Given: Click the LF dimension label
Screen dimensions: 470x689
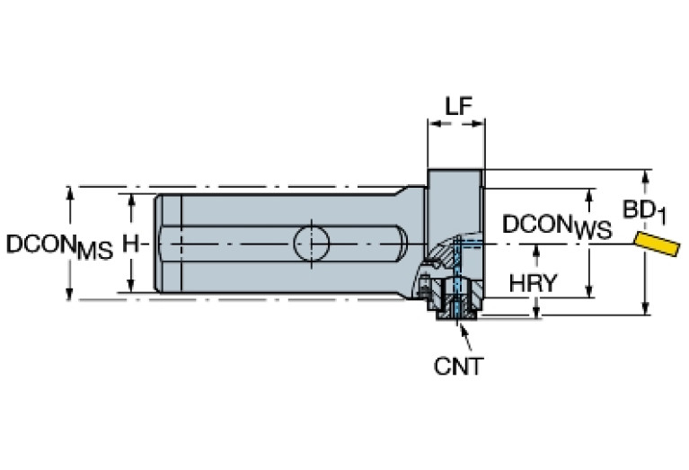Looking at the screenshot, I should [456, 105].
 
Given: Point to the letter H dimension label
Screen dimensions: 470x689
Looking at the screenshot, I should [131, 244].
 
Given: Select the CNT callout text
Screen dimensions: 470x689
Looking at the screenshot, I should [458, 367].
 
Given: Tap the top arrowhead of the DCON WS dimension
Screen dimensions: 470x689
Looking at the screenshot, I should [590, 195].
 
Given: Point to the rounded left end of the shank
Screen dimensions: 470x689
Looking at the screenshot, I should [158, 243].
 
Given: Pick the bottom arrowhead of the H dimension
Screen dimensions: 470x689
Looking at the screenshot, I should [132, 286].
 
